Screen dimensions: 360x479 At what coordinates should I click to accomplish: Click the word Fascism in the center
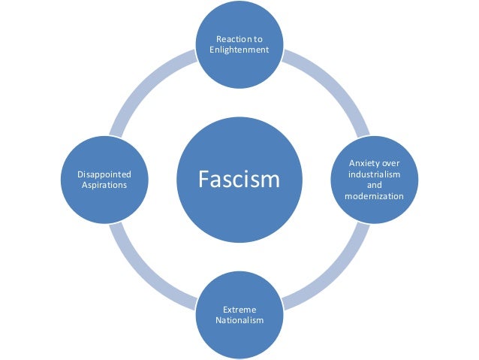[239, 180]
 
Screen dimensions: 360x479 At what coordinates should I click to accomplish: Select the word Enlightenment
[239, 50]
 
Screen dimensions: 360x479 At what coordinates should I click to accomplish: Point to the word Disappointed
[104, 174]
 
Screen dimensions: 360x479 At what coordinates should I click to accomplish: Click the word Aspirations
[104, 186]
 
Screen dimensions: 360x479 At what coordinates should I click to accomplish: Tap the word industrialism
[374, 174]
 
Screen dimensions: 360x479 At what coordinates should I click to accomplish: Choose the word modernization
[374, 196]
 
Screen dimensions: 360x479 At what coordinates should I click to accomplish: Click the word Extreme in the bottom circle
[239, 309]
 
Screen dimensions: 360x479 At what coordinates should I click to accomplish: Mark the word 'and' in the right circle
[374, 185]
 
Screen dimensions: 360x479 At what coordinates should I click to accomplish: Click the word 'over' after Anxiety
[391, 162]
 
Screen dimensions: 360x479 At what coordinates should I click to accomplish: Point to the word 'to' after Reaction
[258, 39]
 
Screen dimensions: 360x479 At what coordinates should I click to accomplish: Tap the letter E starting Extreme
[225, 309]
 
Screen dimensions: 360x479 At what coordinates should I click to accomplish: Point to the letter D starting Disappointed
[80, 174]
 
